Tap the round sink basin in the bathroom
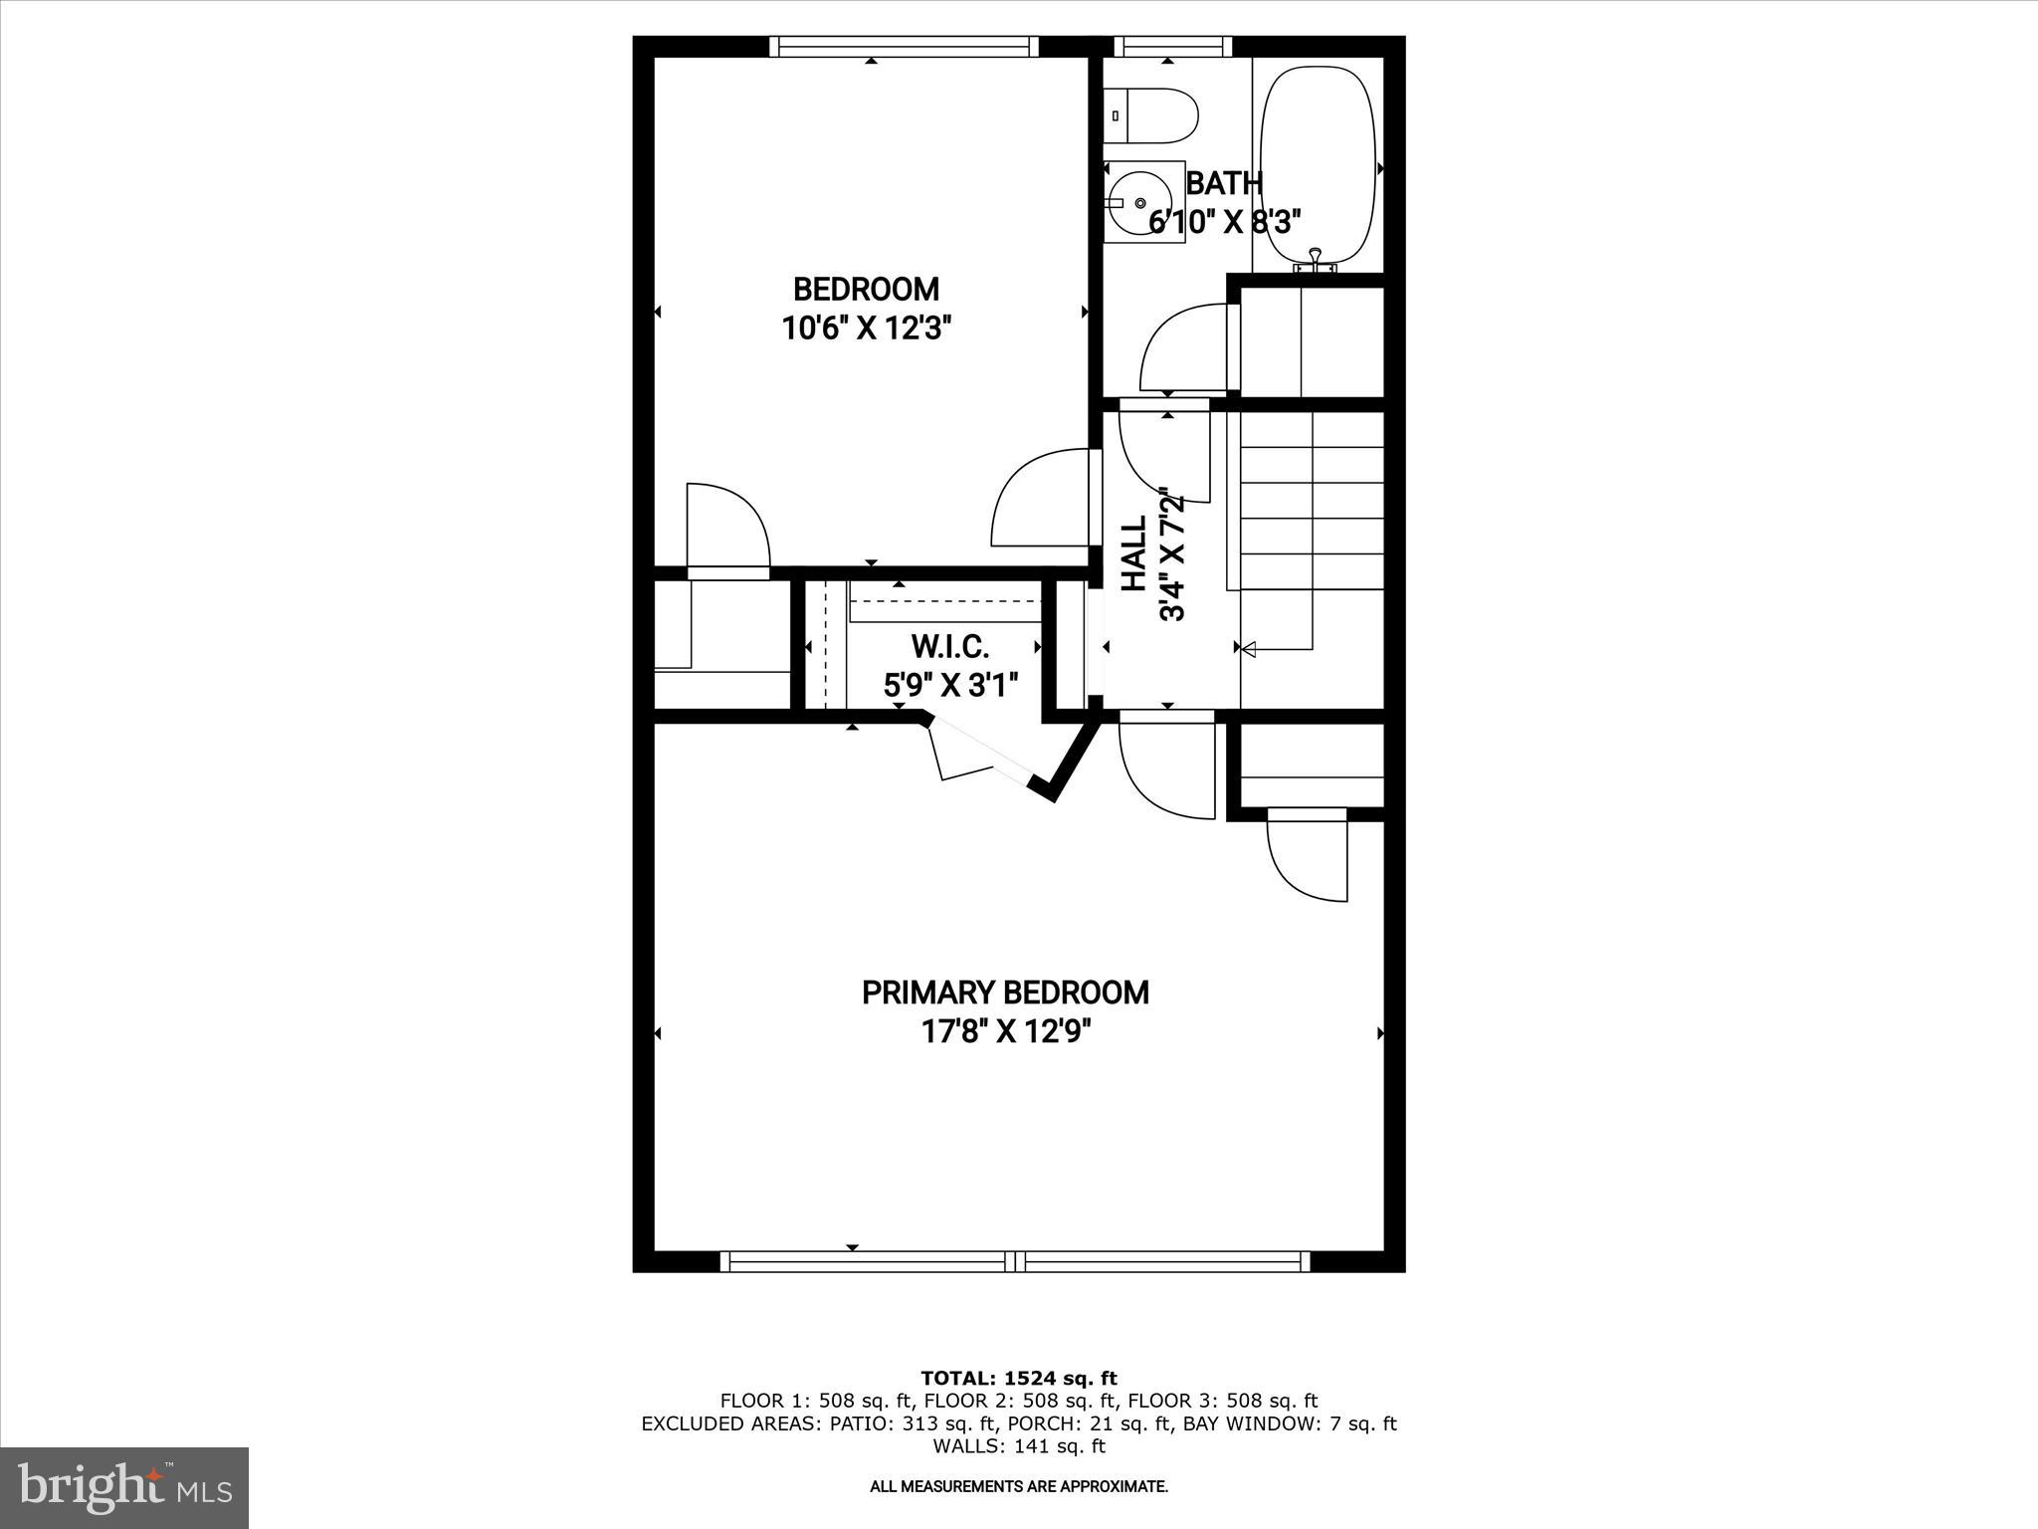click(1140, 203)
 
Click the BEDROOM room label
click(866, 290)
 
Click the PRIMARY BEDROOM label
click(1005, 992)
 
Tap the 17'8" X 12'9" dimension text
click(1005, 1031)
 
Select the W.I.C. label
click(950, 648)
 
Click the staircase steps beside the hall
click(1312, 518)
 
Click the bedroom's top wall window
click(904, 47)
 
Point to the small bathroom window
click(1172, 46)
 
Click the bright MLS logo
click(124, 1487)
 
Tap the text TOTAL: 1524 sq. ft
click(1019, 1379)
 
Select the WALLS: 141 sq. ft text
click(1019, 1446)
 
